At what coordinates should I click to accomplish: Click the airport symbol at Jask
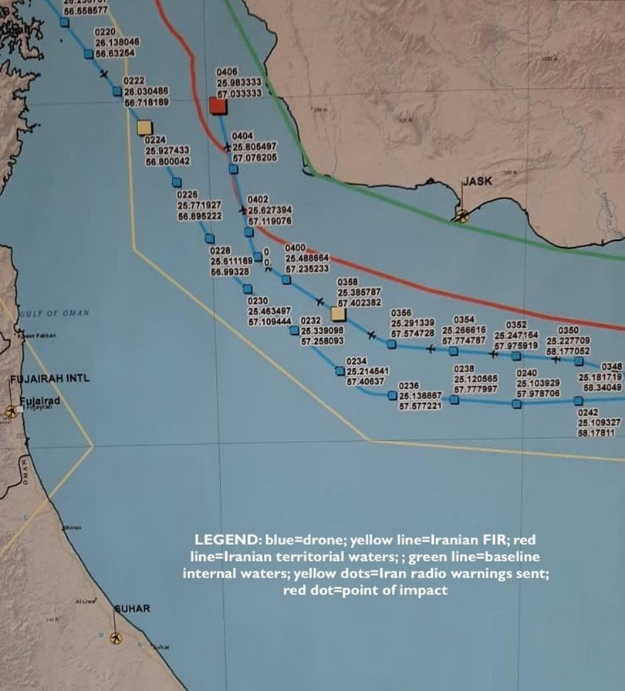461,215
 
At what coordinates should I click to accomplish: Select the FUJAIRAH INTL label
49,379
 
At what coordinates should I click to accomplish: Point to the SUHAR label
132,609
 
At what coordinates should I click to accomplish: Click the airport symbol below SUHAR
115,638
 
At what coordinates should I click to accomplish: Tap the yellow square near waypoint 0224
144,127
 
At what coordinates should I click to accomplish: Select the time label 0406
228,72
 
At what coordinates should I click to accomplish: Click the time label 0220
104,32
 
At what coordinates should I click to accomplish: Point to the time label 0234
356,361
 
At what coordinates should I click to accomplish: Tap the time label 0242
589,412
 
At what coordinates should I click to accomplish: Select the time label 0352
516,325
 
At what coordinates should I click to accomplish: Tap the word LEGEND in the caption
221,539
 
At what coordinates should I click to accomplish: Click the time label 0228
220,251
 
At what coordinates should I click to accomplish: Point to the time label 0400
296,248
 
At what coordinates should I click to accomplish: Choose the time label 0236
408,384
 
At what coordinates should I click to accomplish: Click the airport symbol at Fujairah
11,412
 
